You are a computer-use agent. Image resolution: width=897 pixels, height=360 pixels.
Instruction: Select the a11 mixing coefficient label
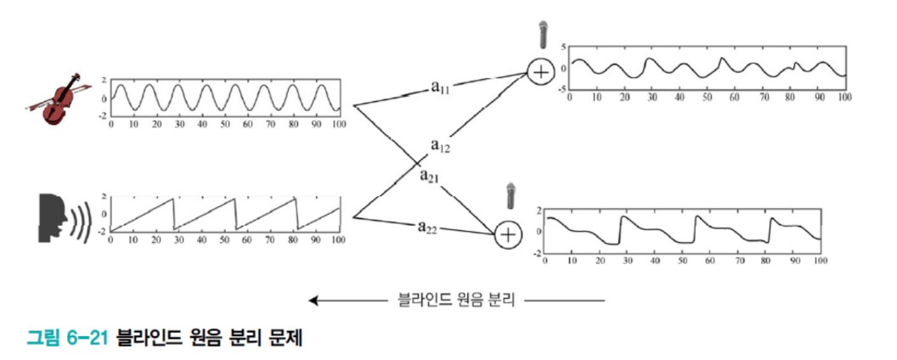coord(442,87)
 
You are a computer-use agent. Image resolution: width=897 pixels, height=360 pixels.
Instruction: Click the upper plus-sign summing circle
coord(540,72)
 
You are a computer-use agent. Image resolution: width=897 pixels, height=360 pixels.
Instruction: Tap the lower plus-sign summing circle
coord(507,234)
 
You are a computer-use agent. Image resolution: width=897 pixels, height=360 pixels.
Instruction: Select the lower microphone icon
coord(510,196)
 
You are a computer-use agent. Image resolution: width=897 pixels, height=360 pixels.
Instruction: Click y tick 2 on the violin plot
coord(103,78)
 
